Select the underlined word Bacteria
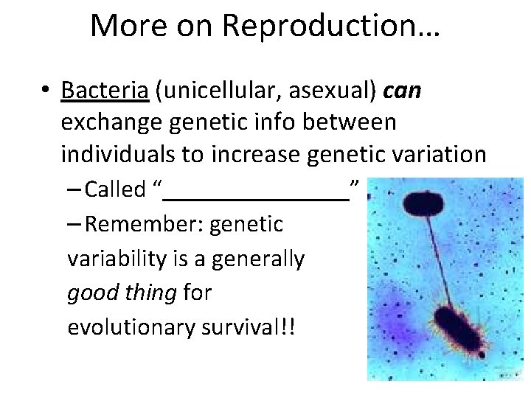click(x=105, y=91)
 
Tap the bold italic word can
click(x=403, y=91)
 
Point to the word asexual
click(x=328, y=91)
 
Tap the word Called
click(x=115, y=189)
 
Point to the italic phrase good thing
click(x=122, y=293)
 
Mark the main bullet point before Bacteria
click(x=46, y=91)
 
